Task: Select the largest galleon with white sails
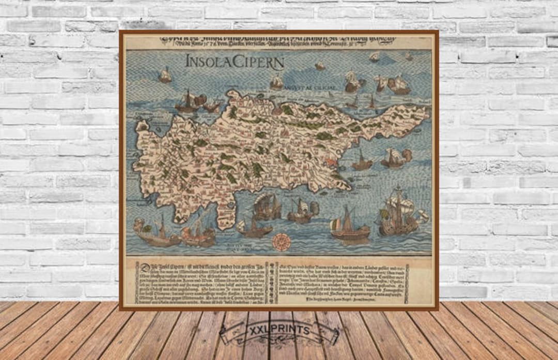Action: click(x=399, y=213)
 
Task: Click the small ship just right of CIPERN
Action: click(x=320, y=66)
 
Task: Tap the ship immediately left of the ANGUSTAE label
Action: click(x=277, y=82)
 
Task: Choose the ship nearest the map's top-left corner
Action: click(x=165, y=75)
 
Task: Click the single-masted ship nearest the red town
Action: click(x=362, y=161)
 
